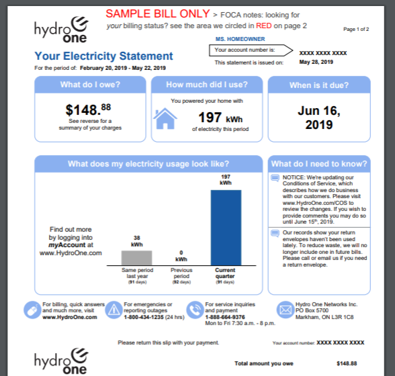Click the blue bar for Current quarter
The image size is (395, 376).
click(x=225, y=228)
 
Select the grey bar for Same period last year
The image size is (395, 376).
click(x=136, y=257)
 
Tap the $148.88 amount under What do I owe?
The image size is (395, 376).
click(x=88, y=108)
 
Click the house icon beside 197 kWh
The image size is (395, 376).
click(x=165, y=119)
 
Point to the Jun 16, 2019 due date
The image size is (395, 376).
click(x=318, y=117)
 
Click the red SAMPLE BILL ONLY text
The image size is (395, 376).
click(x=157, y=13)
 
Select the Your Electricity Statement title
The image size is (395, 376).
click(x=103, y=56)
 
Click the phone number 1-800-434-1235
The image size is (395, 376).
click(x=144, y=317)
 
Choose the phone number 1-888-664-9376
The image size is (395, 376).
click(x=225, y=317)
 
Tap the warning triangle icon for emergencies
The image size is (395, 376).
click(x=114, y=310)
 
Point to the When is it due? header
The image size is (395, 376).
click(x=318, y=85)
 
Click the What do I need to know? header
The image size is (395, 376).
click(x=318, y=164)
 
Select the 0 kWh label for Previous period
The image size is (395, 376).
click(x=181, y=256)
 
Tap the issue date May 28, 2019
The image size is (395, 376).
click(x=316, y=62)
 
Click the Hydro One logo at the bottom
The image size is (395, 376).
click(x=60, y=361)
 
